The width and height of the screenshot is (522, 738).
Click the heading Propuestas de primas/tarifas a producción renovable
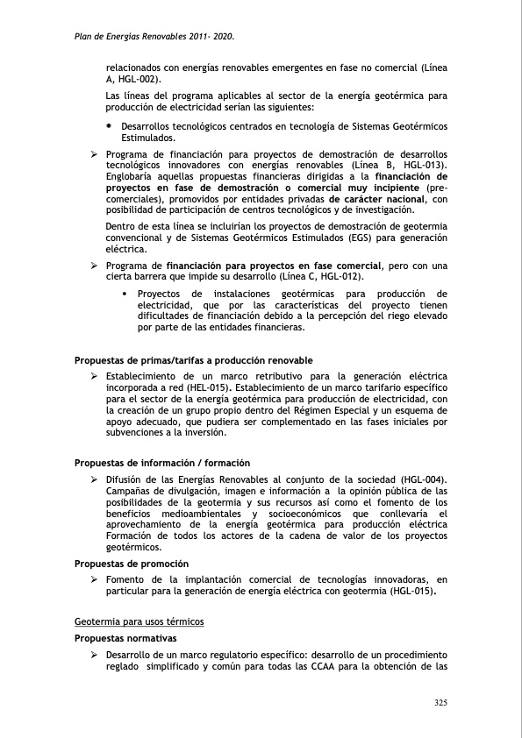(193, 361)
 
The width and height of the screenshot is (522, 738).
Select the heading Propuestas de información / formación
(162, 463)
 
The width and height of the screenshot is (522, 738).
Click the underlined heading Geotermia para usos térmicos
(139, 621)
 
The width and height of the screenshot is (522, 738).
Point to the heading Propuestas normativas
(125, 638)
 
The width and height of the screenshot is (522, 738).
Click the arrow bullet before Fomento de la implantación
(93, 580)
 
